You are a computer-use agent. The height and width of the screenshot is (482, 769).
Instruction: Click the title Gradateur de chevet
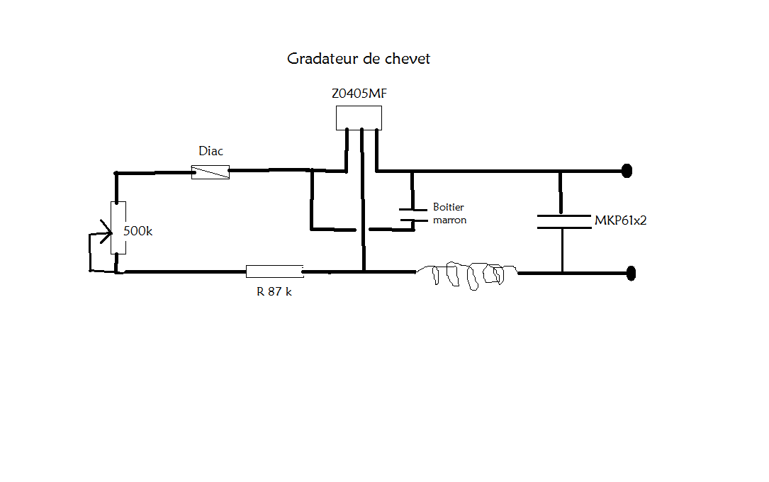click(x=359, y=59)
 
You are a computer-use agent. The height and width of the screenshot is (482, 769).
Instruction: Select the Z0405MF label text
click(x=359, y=94)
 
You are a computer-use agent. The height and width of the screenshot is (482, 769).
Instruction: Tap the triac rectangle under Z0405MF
click(x=359, y=118)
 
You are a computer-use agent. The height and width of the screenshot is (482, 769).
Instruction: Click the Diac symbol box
click(x=211, y=172)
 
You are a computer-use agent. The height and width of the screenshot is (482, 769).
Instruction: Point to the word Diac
click(x=211, y=151)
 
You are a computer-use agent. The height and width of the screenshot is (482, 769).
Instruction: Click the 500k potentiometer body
click(x=118, y=228)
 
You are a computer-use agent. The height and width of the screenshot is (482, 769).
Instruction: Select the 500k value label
click(x=137, y=231)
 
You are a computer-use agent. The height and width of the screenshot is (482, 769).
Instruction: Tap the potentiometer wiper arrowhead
click(x=106, y=232)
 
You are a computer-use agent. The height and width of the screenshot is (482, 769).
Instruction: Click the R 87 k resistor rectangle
click(x=274, y=271)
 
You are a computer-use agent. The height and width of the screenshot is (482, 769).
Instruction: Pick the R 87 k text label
click(x=274, y=291)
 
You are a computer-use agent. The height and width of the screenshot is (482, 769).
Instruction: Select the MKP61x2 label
click(x=620, y=220)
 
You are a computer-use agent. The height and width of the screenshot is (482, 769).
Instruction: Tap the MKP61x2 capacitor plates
click(x=563, y=221)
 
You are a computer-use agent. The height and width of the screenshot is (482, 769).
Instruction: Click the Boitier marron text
click(x=450, y=214)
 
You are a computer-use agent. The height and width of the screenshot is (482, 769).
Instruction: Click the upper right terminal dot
click(x=627, y=171)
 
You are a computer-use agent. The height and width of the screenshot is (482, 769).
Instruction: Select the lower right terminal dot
click(x=631, y=273)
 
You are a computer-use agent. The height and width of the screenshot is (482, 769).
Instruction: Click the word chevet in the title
click(x=407, y=59)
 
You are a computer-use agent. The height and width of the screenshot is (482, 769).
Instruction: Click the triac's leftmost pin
click(x=347, y=150)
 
